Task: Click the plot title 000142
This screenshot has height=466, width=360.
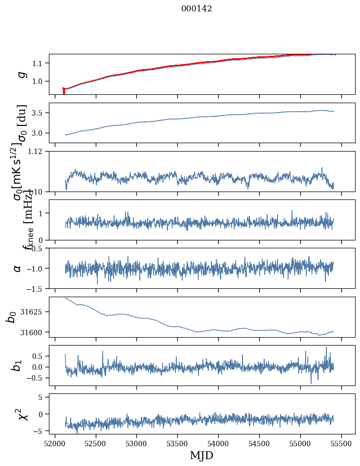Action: pos(197,8)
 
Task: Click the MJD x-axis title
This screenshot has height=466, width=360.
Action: pos(201,455)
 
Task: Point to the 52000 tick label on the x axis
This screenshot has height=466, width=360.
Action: pos(55,443)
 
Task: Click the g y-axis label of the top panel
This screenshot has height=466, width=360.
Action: pos(21,75)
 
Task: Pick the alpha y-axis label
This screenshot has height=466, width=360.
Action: pos(17,268)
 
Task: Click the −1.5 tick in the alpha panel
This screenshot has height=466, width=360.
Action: pos(37,288)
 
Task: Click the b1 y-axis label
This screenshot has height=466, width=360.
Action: pos(17,366)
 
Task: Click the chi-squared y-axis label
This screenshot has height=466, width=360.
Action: pos(23,415)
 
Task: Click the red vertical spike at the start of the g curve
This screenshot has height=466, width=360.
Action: pos(64,91)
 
